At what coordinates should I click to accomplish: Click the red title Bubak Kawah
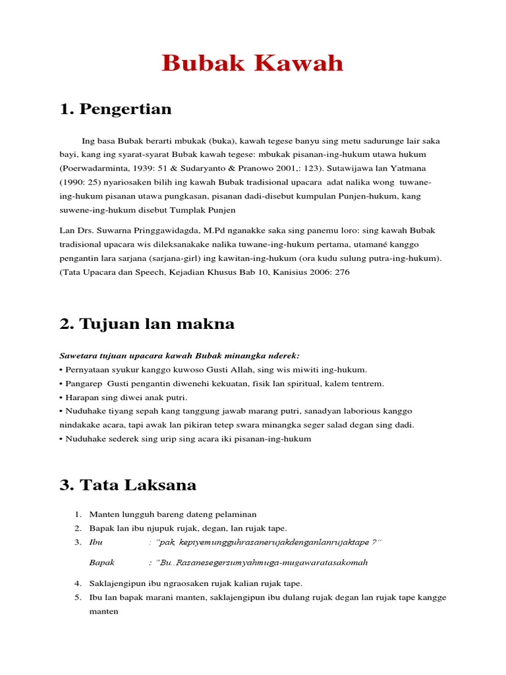tap(253, 64)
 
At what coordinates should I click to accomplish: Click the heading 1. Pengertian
tap(115, 109)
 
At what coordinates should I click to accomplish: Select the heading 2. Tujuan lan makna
tap(147, 324)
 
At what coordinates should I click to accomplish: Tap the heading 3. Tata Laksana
tap(128, 485)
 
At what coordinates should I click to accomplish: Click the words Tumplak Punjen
tap(202, 210)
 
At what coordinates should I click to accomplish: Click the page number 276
tap(342, 272)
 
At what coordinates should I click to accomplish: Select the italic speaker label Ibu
tap(96, 542)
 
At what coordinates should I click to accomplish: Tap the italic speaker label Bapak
tap(101, 562)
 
